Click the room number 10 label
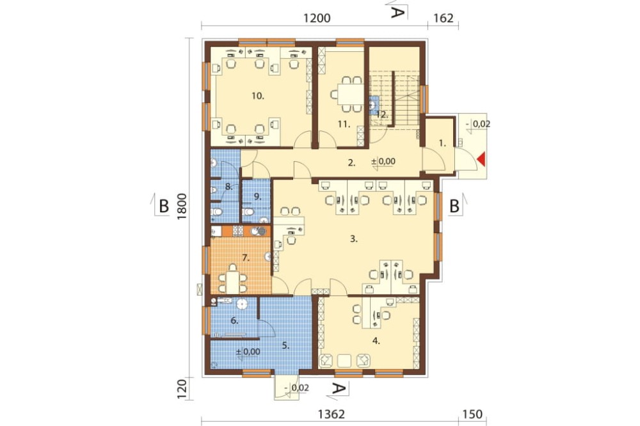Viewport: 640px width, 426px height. pyautogui.click(x=258, y=97)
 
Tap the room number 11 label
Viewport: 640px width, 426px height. pyautogui.click(x=344, y=124)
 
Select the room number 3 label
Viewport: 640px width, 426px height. pyautogui.click(x=353, y=239)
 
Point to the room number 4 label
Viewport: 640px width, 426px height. pyautogui.click(x=376, y=341)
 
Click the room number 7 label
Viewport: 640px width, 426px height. pyautogui.click(x=245, y=258)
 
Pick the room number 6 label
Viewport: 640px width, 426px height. pyautogui.click(x=234, y=320)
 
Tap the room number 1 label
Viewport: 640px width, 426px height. pyautogui.click(x=442, y=143)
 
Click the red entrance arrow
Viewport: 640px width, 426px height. pyautogui.click(x=482, y=159)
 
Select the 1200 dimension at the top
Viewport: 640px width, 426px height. pyautogui.click(x=317, y=18)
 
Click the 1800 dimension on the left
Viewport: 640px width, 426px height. pyautogui.click(x=182, y=207)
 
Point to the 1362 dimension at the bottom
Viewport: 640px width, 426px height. pyautogui.click(x=331, y=414)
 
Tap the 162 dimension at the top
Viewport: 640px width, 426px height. pyautogui.click(x=444, y=18)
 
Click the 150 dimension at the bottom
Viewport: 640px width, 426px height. pyautogui.click(x=473, y=414)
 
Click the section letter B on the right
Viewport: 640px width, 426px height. pyautogui.click(x=454, y=207)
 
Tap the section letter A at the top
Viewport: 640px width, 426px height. pyautogui.click(x=397, y=12)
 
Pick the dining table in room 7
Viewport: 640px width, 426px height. pyautogui.click(x=233, y=281)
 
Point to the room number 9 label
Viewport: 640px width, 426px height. pyautogui.click(x=257, y=196)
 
